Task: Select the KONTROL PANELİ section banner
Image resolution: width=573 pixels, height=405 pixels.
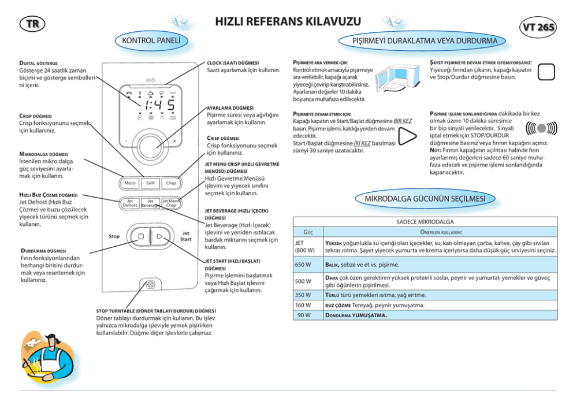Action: point(152,41)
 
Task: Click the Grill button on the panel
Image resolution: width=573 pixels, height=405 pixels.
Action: point(150,183)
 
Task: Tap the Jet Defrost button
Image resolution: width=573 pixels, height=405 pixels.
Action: point(130,203)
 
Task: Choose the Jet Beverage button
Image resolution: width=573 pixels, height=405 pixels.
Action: point(150,203)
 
